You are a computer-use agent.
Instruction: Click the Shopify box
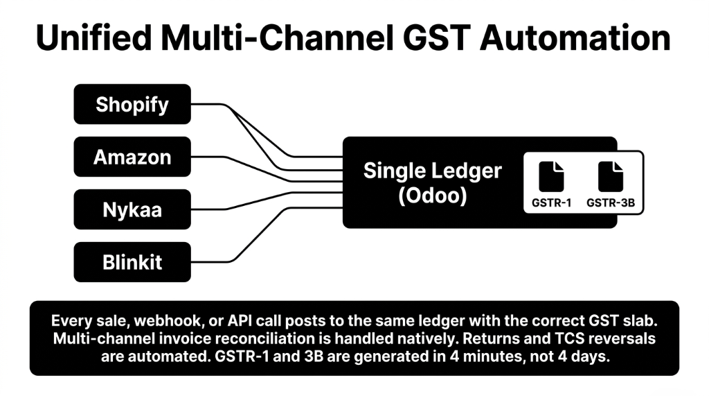point(132,104)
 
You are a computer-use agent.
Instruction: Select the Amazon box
point(132,157)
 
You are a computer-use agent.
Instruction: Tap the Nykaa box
point(132,209)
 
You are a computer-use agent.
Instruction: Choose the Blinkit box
point(132,262)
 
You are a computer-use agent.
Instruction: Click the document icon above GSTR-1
point(551,177)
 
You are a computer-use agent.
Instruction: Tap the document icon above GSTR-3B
point(610,177)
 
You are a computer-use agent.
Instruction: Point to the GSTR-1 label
point(551,203)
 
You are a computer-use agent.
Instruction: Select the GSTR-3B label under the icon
point(610,203)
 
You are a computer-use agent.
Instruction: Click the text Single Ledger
point(432,171)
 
